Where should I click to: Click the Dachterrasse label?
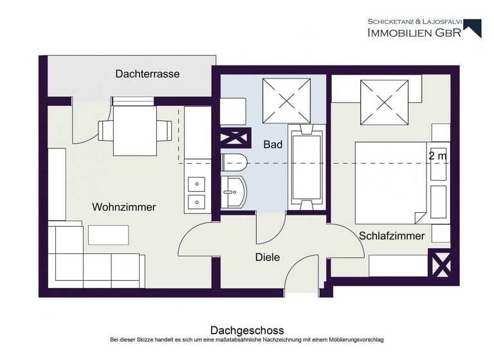(147, 74)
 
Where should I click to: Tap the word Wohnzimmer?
(124, 207)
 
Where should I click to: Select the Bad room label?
(273, 145)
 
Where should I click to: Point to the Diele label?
(268, 257)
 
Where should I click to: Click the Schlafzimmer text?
(392, 236)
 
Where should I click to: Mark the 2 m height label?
(437, 156)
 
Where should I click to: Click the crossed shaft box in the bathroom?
(233, 138)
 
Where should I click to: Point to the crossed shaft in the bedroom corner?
(442, 264)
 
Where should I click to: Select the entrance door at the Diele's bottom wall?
(302, 276)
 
